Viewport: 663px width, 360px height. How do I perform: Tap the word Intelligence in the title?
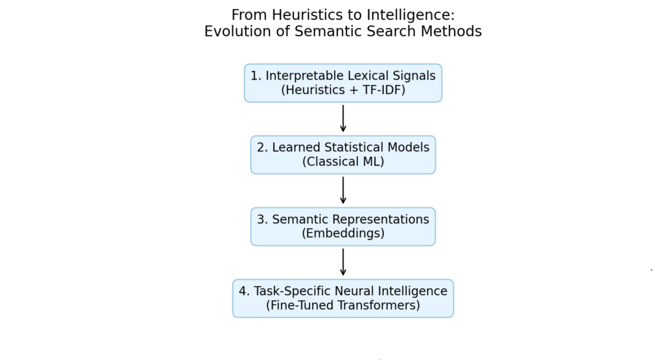[x=410, y=16]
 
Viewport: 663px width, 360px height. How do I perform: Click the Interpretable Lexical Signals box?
[x=343, y=83]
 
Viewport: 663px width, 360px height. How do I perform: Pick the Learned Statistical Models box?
[x=343, y=155]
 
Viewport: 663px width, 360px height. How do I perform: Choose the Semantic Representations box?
[x=343, y=227]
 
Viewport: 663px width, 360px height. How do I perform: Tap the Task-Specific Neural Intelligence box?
[x=343, y=298]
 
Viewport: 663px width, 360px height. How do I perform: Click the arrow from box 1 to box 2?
[x=343, y=118]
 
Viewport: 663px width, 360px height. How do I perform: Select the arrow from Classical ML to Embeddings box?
[x=343, y=190]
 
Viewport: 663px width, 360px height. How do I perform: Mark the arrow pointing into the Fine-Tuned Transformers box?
[x=343, y=262]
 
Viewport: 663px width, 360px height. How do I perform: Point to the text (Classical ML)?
[x=343, y=162]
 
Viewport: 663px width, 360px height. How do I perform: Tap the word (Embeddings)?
[x=343, y=233]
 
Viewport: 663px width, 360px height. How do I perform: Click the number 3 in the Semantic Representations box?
[x=261, y=219]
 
